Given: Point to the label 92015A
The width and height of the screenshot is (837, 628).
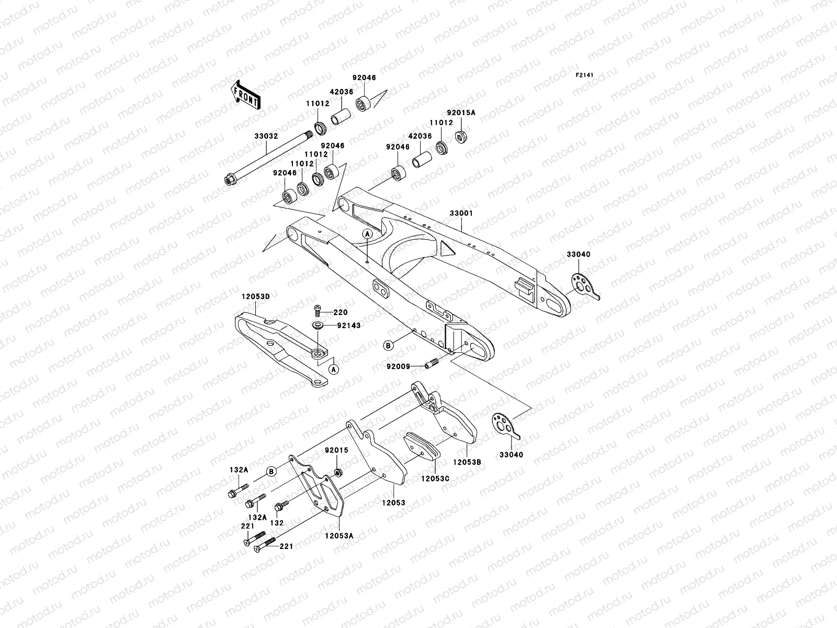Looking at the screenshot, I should click(x=461, y=112).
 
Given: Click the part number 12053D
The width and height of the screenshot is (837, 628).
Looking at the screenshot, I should click(x=255, y=297).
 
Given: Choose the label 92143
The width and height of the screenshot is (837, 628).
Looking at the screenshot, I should click(x=348, y=326).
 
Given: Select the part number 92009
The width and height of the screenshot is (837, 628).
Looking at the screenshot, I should click(x=399, y=366).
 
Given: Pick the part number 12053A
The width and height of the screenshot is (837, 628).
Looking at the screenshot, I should click(x=339, y=535).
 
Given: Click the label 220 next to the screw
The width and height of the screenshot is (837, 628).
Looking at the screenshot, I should click(x=341, y=312).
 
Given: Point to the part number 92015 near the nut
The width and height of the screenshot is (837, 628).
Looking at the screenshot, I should click(x=336, y=450).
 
